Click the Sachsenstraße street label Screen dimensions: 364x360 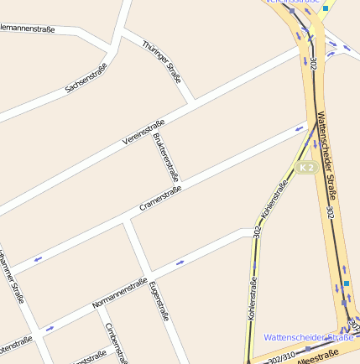tap(86, 77)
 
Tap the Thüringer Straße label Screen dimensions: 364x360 tap(162, 61)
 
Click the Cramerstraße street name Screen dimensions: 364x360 tap(161, 197)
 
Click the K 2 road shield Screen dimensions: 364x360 tap(306, 168)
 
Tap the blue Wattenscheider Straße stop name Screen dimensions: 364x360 tap(307, 337)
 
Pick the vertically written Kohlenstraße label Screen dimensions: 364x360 tap(252, 300)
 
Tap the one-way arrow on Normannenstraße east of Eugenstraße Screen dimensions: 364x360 tap(180, 263)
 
